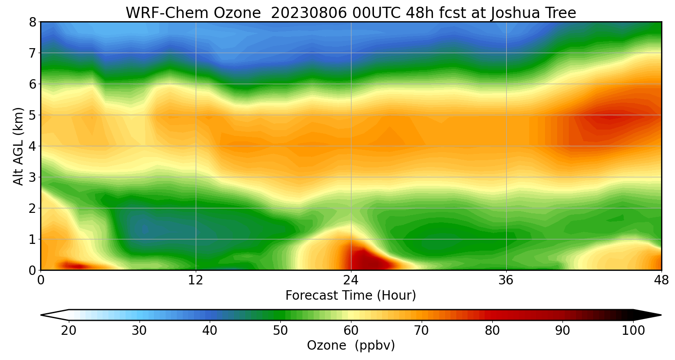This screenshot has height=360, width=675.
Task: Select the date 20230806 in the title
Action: click(309, 13)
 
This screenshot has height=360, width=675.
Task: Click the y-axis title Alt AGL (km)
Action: click(18, 146)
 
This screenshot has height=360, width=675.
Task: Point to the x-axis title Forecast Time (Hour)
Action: click(351, 296)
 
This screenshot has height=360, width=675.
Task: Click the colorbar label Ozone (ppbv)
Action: click(351, 346)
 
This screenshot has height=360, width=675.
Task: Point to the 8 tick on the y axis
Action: click(32, 22)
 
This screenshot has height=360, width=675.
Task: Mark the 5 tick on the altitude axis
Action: click(32, 115)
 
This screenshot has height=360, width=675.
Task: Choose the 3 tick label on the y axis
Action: click(32, 177)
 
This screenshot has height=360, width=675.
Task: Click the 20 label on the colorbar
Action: click(69, 331)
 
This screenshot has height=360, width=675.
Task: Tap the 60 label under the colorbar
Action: click(351, 331)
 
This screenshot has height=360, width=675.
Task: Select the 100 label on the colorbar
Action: click(633, 331)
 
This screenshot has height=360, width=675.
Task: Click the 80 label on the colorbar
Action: click(492, 331)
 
